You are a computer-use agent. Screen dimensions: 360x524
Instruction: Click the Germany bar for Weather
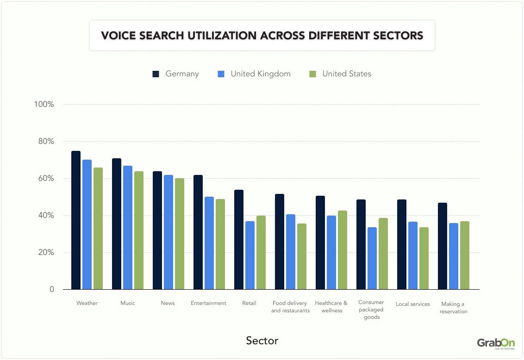(x=76, y=220)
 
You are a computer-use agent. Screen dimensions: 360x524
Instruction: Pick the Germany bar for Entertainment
(x=198, y=232)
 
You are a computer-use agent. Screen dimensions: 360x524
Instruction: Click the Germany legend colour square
(x=156, y=74)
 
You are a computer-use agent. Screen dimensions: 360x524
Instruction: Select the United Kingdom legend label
(x=261, y=74)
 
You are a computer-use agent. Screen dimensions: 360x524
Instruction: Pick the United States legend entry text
(x=347, y=74)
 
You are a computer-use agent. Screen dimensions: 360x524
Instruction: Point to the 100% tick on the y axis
(x=44, y=105)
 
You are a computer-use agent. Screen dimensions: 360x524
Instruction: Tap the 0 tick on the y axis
(x=52, y=290)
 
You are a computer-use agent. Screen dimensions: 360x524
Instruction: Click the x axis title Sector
(x=262, y=341)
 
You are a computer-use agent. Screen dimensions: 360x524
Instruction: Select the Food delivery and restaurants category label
(x=290, y=307)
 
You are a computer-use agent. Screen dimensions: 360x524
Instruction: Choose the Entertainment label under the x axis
(x=208, y=304)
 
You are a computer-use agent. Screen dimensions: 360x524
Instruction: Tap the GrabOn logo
(x=496, y=343)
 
